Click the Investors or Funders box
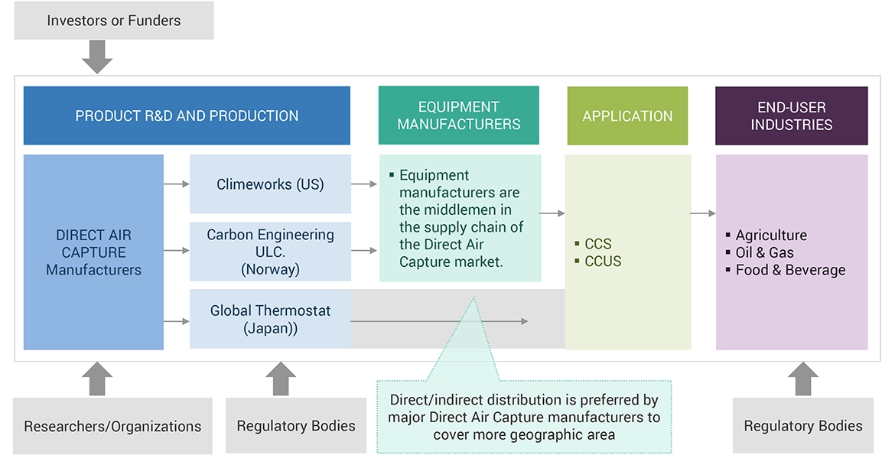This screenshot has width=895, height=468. click(114, 21)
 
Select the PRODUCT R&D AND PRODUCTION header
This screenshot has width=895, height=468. click(187, 115)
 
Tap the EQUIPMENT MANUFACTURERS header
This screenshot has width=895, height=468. click(458, 115)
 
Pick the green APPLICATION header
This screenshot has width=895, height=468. click(627, 115)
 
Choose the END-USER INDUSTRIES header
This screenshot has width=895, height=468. click(791, 115)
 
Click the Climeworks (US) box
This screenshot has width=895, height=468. click(270, 184)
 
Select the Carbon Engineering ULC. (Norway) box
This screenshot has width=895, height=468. click(270, 252)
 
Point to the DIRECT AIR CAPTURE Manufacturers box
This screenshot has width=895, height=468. click(93, 252)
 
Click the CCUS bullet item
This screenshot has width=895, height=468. click(603, 261)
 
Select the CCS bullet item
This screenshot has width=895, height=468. click(598, 244)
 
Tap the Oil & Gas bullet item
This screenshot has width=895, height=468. click(764, 252)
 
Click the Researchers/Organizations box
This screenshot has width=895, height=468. click(112, 426)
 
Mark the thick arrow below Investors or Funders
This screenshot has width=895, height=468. click(97, 57)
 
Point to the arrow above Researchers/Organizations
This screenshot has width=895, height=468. click(97, 379)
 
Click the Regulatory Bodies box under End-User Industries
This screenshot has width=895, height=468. click(802, 426)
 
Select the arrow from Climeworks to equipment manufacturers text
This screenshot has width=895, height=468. click(363, 184)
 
